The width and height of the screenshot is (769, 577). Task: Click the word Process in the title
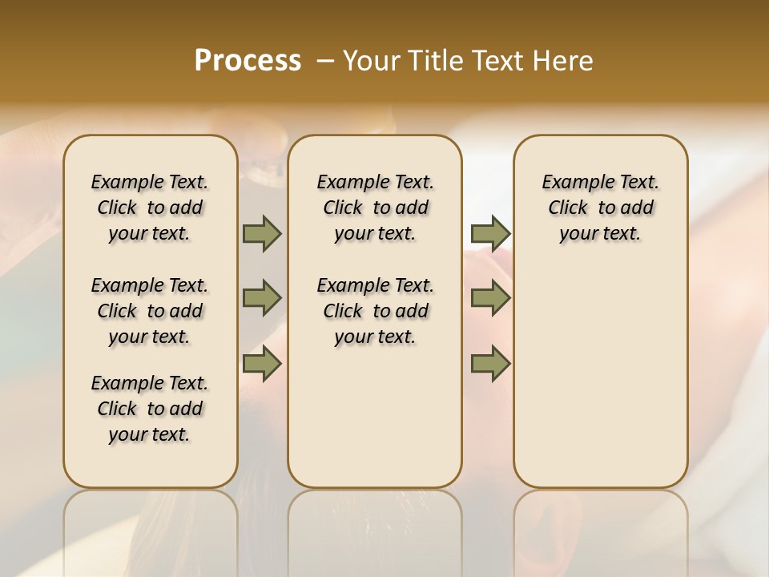click(x=248, y=61)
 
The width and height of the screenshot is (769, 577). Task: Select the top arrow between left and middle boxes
click(x=262, y=233)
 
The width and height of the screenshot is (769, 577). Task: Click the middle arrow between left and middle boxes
click(x=262, y=298)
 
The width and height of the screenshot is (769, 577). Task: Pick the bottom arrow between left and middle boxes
click(x=262, y=364)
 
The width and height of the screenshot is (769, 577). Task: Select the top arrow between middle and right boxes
click(x=490, y=233)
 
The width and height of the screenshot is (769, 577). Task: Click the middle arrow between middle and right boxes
click(x=490, y=298)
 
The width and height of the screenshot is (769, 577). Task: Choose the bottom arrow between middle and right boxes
click(x=490, y=364)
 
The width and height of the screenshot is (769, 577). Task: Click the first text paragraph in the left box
click(x=150, y=208)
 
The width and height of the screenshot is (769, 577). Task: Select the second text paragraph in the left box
click(x=150, y=311)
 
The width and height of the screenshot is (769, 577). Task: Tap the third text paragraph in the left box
click(x=150, y=409)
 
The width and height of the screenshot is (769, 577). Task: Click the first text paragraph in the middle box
click(x=375, y=208)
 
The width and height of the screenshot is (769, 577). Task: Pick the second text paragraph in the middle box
click(x=375, y=311)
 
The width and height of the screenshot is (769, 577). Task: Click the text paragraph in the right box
click(x=600, y=208)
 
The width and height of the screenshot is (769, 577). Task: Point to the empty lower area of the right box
click(x=600, y=377)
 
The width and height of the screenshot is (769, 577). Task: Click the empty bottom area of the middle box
click(x=375, y=425)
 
